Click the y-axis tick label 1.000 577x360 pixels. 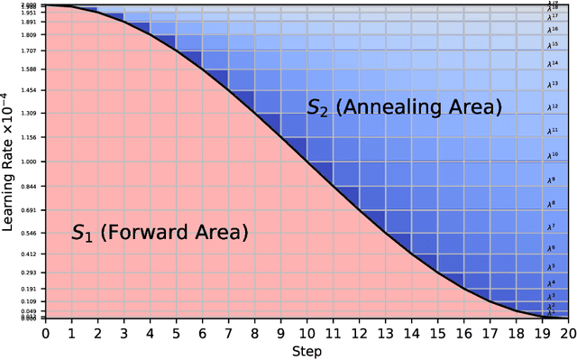click(x=29, y=162)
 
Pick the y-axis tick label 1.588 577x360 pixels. click(x=29, y=69)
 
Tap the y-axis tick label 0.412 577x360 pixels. click(x=29, y=254)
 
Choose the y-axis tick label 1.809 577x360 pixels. click(x=29, y=35)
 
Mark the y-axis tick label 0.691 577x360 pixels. click(x=29, y=210)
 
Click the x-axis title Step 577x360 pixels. click(x=307, y=350)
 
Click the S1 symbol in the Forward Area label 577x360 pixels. click(x=82, y=234)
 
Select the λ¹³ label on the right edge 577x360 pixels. click(x=553, y=84)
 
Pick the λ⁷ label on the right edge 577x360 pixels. click(x=551, y=226)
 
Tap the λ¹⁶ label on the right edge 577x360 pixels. click(x=553, y=30)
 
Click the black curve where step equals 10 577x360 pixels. click(x=307, y=162)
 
